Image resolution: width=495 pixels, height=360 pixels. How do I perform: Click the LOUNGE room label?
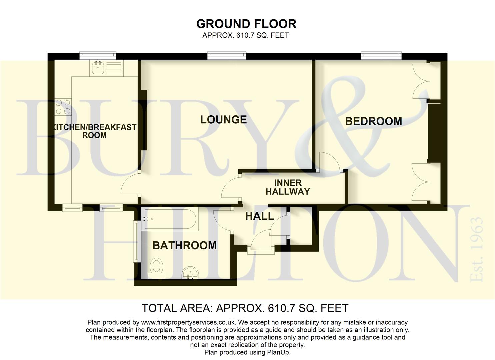pyautogui.click(x=223, y=120)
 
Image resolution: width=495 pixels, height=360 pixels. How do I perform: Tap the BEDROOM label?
pyautogui.click(x=373, y=121)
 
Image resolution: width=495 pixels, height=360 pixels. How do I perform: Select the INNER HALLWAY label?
pyautogui.click(x=288, y=187)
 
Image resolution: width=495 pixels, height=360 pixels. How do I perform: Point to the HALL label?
pyautogui.click(x=260, y=216)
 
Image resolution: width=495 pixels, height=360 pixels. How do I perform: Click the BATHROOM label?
pyautogui.click(x=184, y=246)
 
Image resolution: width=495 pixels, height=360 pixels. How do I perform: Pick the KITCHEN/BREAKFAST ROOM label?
pyautogui.click(x=95, y=131)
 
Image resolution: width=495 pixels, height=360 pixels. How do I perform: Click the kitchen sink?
pyautogui.click(x=106, y=68)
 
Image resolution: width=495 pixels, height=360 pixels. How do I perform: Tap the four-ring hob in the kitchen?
pyautogui.click(x=63, y=107)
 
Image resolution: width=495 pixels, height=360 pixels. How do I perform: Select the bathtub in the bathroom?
pyautogui.click(x=170, y=219)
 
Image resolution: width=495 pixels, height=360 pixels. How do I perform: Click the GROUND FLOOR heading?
pyautogui.click(x=246, y=24)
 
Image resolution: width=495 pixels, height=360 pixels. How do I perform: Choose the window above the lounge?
pyautogui.click(x=227, y=56)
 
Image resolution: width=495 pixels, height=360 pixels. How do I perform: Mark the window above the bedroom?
pyautogui.click(x=381, y=56)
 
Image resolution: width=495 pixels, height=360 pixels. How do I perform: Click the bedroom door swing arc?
pyautogui.click(x=329, y=161)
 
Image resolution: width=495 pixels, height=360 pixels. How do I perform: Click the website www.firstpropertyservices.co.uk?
pyautogui.click(x=188, y=322)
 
